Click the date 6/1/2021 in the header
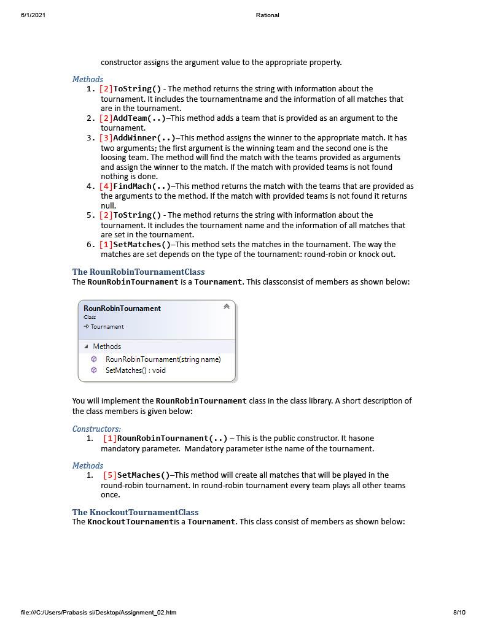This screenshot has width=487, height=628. click(x=33, y=15)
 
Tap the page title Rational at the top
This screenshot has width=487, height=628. click(x=267, y=15)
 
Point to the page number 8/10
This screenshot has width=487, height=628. click(x=459, y=612)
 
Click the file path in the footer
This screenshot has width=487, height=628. click(x=98, y=612)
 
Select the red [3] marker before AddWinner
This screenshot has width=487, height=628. click(x=106, y=138)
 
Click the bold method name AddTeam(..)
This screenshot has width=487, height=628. click(x=139, y=118)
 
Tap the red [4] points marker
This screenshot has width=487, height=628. click(x=106, y=186)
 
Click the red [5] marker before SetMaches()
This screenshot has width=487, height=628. click(x=110, y=475)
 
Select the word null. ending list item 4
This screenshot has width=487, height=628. click(x=108, y=206)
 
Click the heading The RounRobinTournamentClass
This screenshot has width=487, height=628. click(x=138, y=272)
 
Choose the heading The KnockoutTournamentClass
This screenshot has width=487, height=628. click(x=135, y=512)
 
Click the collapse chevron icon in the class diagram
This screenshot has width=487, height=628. click(x=227, y=307)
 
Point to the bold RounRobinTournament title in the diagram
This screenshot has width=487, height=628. click(x=122, y=308)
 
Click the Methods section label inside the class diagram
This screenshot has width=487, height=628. click(x=107, y=347)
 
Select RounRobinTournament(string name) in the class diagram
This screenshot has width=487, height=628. click(x=163, y=359)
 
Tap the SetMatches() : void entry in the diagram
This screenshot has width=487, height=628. click(x=135, y=370)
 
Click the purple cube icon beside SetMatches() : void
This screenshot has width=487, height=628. click(x=94, y=370)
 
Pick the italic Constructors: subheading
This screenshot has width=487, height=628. click(x=96, y=429)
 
